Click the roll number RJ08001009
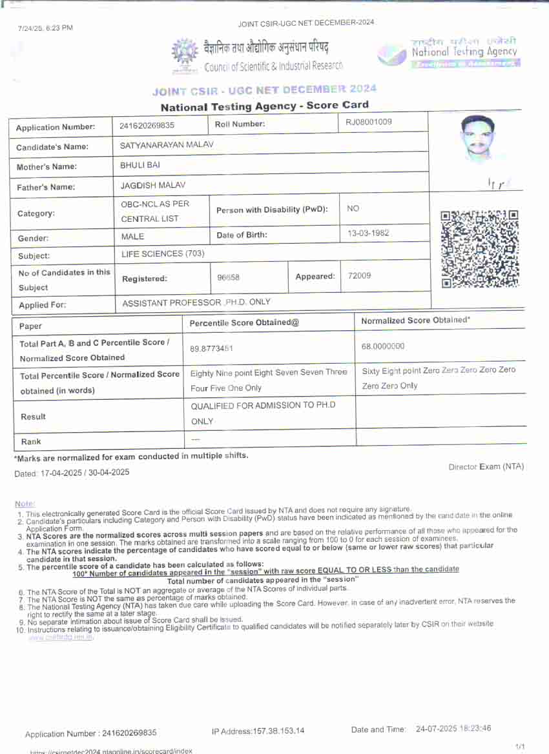[x=369, y=122]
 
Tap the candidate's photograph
[x=478, y=139]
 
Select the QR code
[x=479, y=248]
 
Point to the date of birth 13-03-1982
[x=368, y=233]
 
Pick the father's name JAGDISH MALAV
[x=153, y=186]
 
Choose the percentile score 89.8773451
[x=211, y=348]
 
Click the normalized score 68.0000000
[x=383, y=346]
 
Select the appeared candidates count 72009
[x=359, y=276]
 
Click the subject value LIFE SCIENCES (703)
[x=163, y=253]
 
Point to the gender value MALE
[x=132, y=237]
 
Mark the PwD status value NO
[x=353, y=209]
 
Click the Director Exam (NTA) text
[x=486, y=466]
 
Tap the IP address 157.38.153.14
[x=258, y=731]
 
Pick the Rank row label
[x=30, y=442]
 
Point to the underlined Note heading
[x=25, y=503]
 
